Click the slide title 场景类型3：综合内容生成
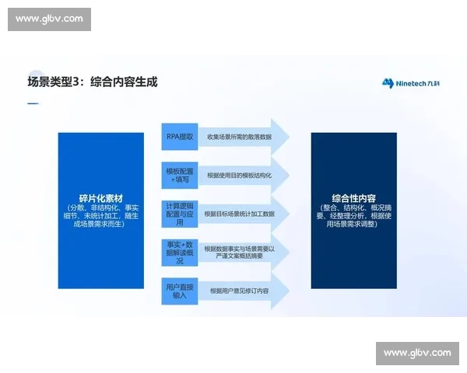point(93,82)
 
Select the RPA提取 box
point(179,136)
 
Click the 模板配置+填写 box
point(179,176)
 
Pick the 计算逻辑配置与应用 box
point(179,213)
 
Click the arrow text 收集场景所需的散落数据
point(239,137)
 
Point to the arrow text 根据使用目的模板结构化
point(239,176)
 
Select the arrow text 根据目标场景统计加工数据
point(240,213)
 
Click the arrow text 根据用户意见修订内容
point(239,291)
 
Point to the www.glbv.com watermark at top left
point(49,19)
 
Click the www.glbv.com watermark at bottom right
point(417,353)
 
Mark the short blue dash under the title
point(32,103)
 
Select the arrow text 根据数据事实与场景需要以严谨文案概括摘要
point(240,252)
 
